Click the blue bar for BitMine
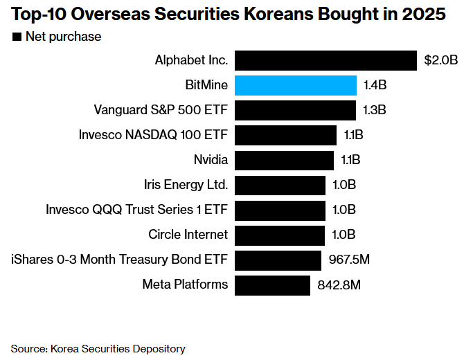pos(296,85)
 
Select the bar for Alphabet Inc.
pos(326,60)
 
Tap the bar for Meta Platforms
pos(272,285)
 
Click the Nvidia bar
pos(284,160)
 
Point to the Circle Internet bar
pos(280,235)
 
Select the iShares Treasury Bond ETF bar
pos(278,260)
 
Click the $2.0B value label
pos(441,60)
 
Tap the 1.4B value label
pos(375,85)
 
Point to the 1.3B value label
pos(374,110)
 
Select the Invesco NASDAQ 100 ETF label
pos(154,135)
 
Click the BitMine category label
pos(206,85)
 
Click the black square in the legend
pos(16,37)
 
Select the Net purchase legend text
pos(63,37)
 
